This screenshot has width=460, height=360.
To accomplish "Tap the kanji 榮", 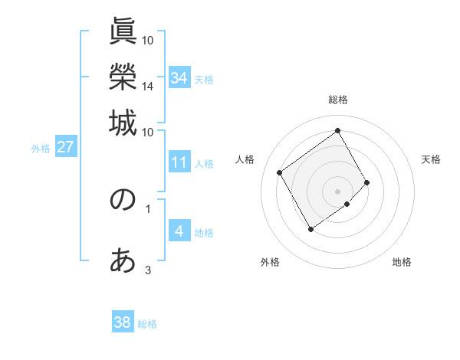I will click(123, 77).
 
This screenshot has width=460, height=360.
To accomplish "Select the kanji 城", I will click(123, 123).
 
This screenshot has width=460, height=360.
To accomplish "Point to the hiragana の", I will click(123, 200).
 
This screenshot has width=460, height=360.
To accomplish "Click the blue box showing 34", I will click(179, 77).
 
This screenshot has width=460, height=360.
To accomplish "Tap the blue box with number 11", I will click(179, 162).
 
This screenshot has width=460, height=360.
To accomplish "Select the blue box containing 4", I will click(179, 231).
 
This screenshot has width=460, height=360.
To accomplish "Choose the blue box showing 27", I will click(65, 147).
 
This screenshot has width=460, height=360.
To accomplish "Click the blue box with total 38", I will click(123, 322).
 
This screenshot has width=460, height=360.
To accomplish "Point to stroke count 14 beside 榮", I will click(148, 87).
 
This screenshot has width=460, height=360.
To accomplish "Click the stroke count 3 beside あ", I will click(148, 270).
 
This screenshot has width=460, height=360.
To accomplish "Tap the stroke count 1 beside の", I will click(148, 208).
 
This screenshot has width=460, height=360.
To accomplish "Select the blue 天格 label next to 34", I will click(204, 79).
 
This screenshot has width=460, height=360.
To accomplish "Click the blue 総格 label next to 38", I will click(147, 324).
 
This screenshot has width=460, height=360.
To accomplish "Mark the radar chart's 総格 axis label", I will click(338, 100).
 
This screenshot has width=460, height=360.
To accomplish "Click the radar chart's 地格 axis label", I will click(402, 263).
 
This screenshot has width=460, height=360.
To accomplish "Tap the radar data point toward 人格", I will click(280, 172).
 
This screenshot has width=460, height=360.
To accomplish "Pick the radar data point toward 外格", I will click(310, 229).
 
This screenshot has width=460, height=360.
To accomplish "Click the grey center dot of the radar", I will click(338, 191).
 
